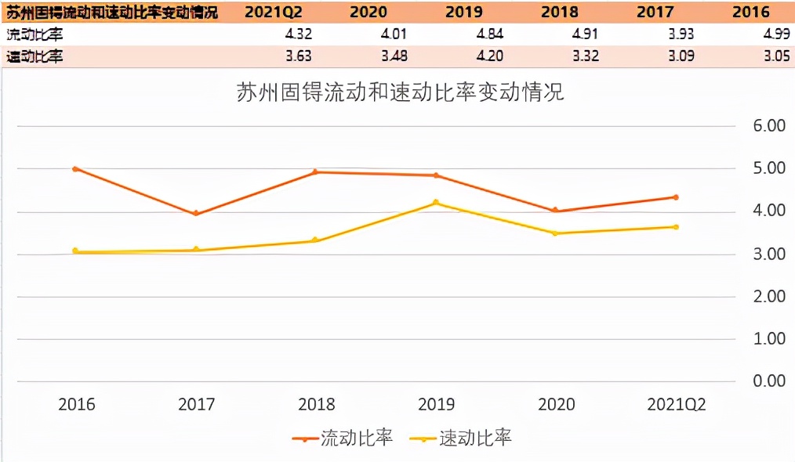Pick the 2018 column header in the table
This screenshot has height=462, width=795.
point(560,12)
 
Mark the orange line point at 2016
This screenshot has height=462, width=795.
point(75,168)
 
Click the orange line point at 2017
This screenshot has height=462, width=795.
point(196,214)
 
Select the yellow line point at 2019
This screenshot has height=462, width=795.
point(436,203)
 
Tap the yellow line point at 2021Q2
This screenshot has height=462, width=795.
point(676,227)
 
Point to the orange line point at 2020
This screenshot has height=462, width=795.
point(556,210)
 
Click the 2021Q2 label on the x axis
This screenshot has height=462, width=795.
point(676,405)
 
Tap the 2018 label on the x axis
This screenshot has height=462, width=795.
point(316,405)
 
